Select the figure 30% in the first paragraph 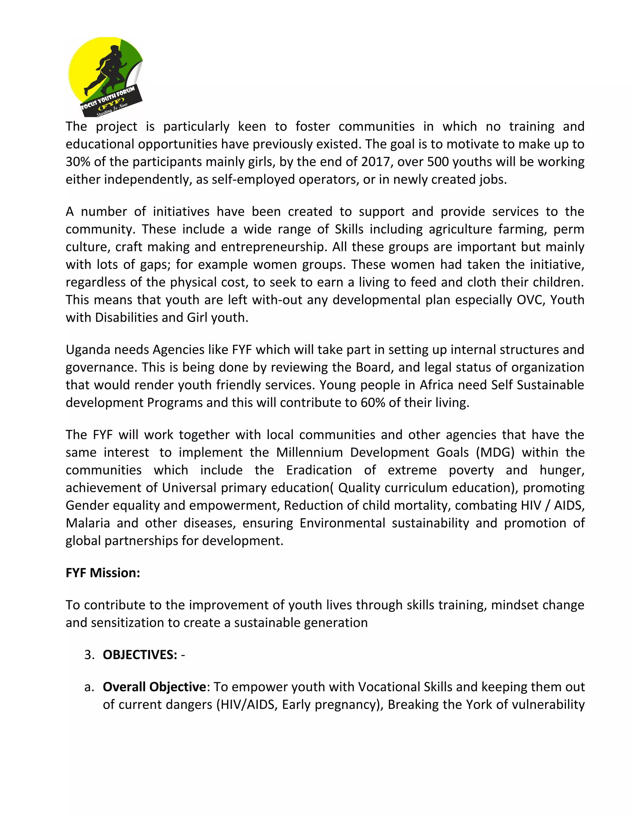click(x=77, y=162)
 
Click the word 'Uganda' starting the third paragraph click(x=88, y=350)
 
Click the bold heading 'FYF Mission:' click(x=103, y=573)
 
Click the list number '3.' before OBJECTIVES click(x=89, y=655)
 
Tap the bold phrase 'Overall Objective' click(x=154, y=687)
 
